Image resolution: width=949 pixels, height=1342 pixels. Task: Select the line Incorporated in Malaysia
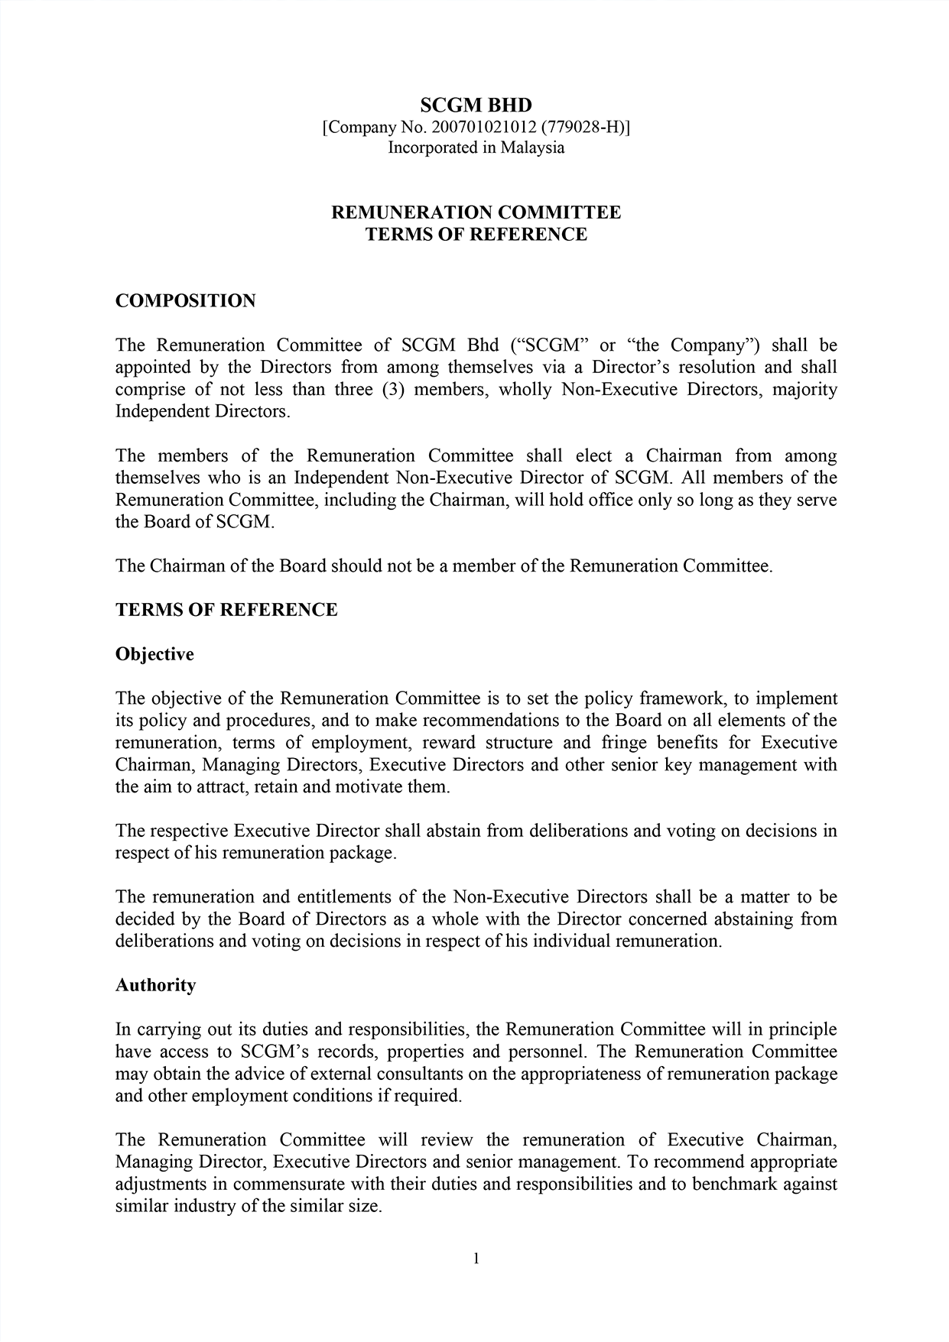(476, 147)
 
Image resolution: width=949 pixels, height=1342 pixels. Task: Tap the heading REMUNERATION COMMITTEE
(476, 212)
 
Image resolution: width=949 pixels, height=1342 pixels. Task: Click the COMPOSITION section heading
(185, 301)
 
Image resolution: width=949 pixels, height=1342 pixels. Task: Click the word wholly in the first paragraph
(525, 390)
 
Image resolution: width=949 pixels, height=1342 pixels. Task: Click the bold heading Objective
(154, 655)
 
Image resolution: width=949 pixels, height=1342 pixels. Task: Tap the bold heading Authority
(155, 986)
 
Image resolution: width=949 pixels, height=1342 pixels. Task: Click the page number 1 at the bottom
(476, 1259)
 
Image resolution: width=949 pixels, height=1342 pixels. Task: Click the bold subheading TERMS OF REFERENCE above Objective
(226, 610)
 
